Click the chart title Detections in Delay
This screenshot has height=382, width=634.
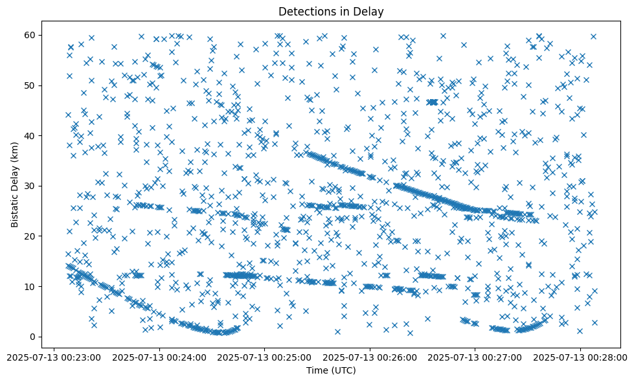(x=331, y=11)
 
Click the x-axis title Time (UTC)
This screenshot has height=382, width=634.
(x=331, y=371)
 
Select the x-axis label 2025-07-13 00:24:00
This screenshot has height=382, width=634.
(x=159, y=357)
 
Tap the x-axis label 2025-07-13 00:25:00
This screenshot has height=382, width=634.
(x=265, y=357)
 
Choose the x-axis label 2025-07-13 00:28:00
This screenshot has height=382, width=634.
(x=580, y=357)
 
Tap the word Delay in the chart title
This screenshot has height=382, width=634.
(x=370, y=11)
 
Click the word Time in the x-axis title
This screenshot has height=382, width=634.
(x=318, y=371)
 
